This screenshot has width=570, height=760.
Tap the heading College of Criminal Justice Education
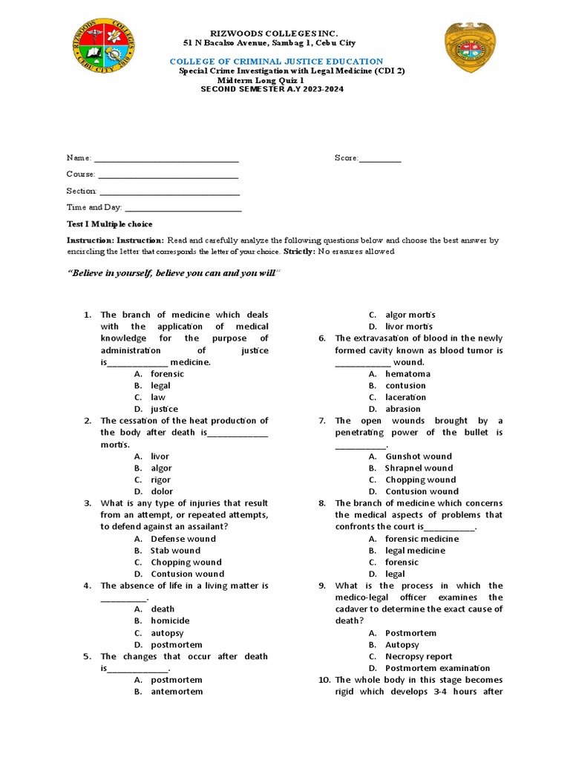pos(276,62)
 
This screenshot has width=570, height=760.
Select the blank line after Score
pos(380,158)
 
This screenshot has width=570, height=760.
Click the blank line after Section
pos(170,191)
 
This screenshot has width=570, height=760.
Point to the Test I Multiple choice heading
pos(109,224)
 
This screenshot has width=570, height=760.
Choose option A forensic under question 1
pos(167,374)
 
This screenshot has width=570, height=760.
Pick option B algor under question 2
pos(161,468)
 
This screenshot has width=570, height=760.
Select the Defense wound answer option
pos(183,539)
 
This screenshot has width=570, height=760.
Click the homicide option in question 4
pos(170,621)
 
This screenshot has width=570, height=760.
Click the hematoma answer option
pos(407,374)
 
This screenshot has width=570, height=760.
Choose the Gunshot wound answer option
pos(418,456)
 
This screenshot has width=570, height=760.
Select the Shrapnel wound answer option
pos(419,468)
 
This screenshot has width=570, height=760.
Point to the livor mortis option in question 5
pos(409,327)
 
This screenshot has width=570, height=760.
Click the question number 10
pos(324,680)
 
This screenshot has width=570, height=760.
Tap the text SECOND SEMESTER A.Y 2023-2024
pos(272,89)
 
